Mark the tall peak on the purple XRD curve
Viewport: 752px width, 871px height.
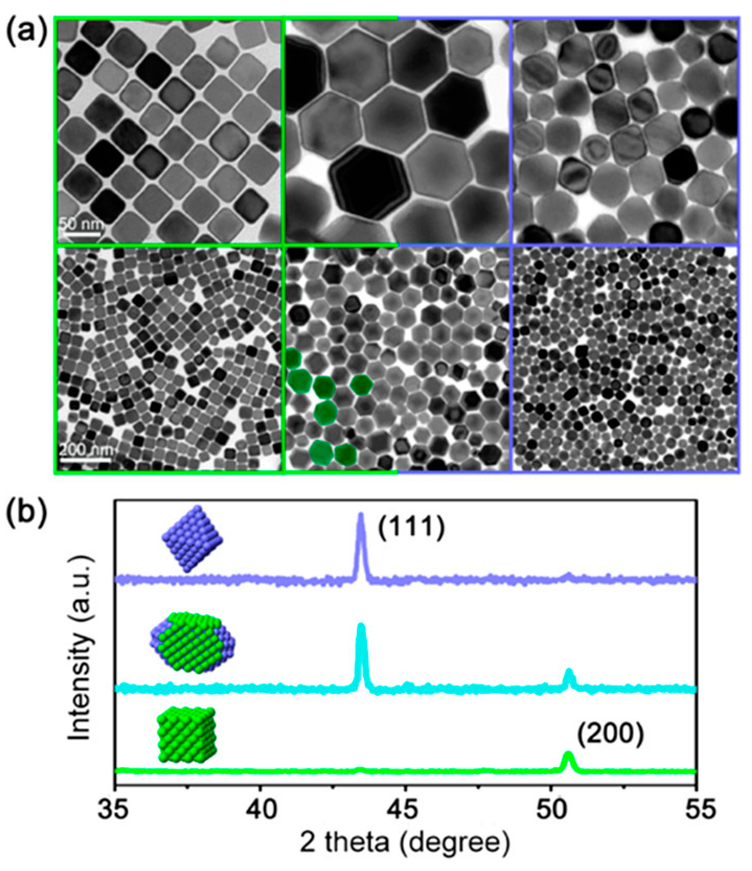[360, 515]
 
